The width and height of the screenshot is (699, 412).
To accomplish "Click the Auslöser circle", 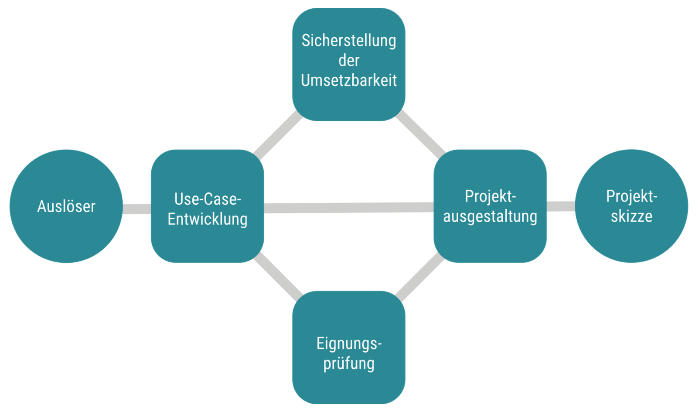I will [x=66, y=206].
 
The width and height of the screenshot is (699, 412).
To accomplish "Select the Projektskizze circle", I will [x=631, y=206].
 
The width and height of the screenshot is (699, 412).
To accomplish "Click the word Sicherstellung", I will [x=349, y=41].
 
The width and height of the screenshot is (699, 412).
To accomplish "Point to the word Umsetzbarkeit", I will [x=349, y=80].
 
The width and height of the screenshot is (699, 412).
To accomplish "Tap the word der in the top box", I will [x=349, y=60].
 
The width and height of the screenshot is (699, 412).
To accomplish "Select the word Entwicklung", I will [x=208, y=219].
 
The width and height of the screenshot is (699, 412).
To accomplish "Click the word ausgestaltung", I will [x=490, y=216].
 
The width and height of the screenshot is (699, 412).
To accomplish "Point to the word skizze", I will [x=631, y=216].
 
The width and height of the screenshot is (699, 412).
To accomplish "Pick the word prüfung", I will [x=349, y=363].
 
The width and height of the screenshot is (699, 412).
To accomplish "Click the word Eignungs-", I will [x=349, y=343].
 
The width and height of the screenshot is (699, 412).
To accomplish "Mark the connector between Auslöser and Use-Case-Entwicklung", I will [x=137, y=209].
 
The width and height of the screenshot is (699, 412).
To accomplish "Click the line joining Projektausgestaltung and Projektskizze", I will [x=561, y=206].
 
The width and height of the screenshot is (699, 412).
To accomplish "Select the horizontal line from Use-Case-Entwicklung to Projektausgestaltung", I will [x=349, y=208].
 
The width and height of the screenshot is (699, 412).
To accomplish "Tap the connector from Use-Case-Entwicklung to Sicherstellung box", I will [x=278, y=135].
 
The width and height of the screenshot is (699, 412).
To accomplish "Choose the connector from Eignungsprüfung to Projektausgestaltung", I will [x=419, y=277].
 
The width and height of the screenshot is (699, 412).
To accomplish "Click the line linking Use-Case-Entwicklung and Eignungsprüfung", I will [x=278, y=277].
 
